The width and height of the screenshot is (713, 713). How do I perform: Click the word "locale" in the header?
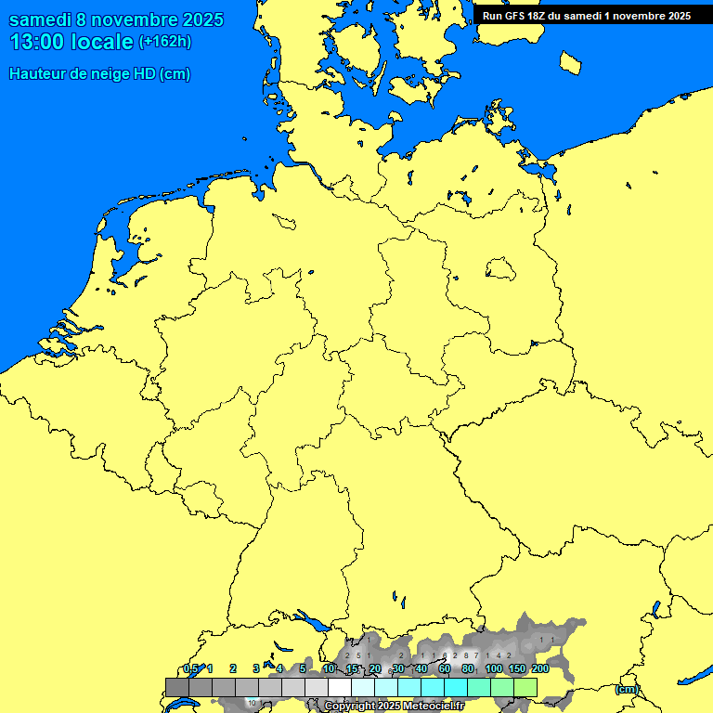[x=102, y=42]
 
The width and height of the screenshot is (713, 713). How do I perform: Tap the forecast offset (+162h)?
[x=164, y=42]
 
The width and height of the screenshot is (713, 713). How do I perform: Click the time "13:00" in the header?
[x=37, y=42]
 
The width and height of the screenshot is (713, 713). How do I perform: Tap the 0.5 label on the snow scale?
[x=190, y=668]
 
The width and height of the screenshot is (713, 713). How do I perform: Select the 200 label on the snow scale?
[x=539, y=668]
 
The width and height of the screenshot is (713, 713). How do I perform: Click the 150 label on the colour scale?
[x=517, y=668]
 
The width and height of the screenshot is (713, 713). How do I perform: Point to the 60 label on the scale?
[x=445, y=668]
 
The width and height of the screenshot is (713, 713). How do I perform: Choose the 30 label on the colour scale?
[x=398, y=668]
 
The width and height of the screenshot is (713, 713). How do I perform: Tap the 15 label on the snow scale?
[x=352, y=668]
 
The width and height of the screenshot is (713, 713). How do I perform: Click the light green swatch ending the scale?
[x=525, y=687]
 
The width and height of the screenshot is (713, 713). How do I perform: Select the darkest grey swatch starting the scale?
[x=177, y=687]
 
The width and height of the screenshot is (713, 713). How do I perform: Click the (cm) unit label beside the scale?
[x=627, y=689]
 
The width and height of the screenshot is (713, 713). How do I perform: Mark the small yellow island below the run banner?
[x=570, y=62]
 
